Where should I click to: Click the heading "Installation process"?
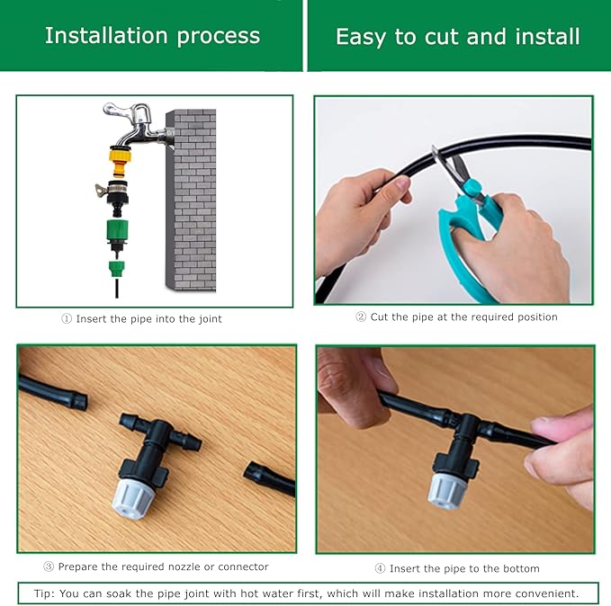coord(152,36)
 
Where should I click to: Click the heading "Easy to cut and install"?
coord(457,37)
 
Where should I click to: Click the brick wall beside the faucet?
coord(194,198)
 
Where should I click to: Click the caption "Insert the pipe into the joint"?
coord(148,318)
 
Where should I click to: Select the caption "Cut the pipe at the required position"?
coord(463,316)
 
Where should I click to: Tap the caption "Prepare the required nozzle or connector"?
coord(163,566)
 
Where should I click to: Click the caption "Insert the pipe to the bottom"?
coord(463,568)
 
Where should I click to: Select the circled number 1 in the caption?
coord(66,318)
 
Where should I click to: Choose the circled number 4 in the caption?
coord(380,568)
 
